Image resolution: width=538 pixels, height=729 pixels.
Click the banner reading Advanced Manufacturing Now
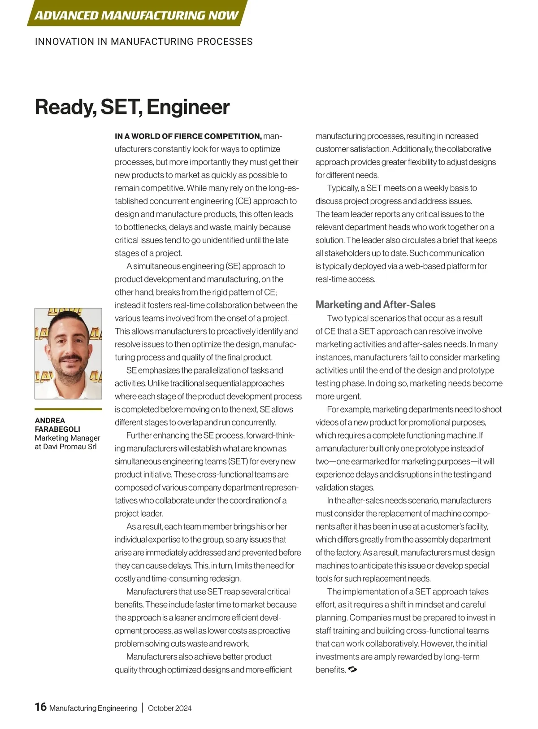[136, 15]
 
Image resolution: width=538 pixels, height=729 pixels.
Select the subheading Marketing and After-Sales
[375, 305]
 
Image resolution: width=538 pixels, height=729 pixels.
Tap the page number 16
[40, 707]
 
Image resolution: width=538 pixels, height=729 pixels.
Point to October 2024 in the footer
[169, 708]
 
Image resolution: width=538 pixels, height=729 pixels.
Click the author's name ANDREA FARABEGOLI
[57, 425]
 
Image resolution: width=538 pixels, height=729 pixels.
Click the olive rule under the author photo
[68, 409]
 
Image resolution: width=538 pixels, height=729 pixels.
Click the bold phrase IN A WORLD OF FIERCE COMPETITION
[188, 136]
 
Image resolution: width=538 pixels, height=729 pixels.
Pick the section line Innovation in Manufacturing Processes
[143, 42]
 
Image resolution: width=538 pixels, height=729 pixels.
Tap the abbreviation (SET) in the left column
[237, 462]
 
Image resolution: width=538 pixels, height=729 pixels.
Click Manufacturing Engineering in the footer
[93, 708]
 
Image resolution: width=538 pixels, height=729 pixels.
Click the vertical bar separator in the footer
[143, 708]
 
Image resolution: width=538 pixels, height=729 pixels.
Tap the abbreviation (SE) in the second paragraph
[233, 266]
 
